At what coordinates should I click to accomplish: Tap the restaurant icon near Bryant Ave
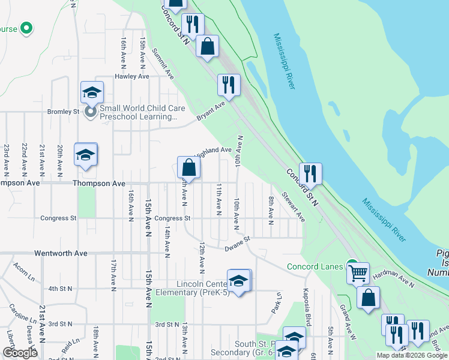point(228,85)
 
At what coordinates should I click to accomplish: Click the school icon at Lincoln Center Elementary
point(239,281)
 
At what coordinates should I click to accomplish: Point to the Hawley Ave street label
point(131,77)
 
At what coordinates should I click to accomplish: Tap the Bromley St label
point(64,112)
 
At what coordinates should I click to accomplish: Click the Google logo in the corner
point(20,353)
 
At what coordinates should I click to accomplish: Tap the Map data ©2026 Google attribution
point(412,355)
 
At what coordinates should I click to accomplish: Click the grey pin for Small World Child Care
point(91,112)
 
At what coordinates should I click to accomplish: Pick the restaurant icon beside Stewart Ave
point(310,174)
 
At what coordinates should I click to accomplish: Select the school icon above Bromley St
point(92,92)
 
